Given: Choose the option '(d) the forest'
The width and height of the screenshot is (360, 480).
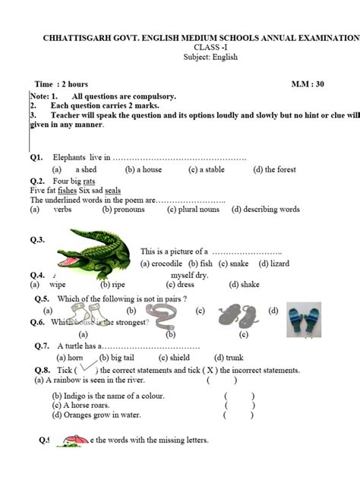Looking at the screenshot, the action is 275,169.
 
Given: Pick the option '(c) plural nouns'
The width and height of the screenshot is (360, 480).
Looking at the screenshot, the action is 194,209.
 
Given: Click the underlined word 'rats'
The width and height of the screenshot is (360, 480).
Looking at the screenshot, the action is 89,182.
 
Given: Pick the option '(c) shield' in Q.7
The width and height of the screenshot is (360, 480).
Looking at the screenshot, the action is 175,357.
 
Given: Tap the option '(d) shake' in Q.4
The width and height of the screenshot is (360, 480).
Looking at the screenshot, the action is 242,285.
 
